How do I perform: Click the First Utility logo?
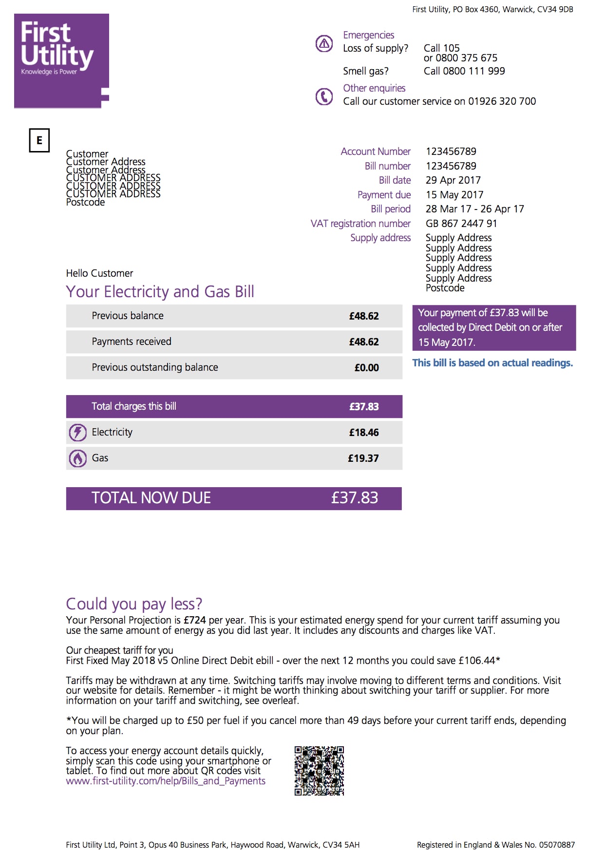point(61,60)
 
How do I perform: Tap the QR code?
point(319,770)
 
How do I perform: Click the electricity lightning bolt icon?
point(77,433)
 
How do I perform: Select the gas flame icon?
point(77,458)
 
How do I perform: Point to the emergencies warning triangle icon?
point(324,44)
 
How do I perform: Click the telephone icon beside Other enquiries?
point(324,96)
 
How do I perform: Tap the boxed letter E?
point(39,140)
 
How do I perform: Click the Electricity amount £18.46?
point(364,433)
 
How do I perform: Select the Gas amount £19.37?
point(363,458)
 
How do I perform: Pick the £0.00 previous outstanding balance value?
point(366,368)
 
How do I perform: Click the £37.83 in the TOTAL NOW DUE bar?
point(355,498)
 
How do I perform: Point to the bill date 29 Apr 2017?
point(453,180)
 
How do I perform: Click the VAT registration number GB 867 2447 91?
point(461,224)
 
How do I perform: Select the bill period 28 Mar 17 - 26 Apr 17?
point(475,209)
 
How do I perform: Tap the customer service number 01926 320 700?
point(502,101)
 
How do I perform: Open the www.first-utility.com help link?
point(166,781)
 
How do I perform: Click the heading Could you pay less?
point(134,604)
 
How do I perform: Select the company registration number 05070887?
point(557,845)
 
